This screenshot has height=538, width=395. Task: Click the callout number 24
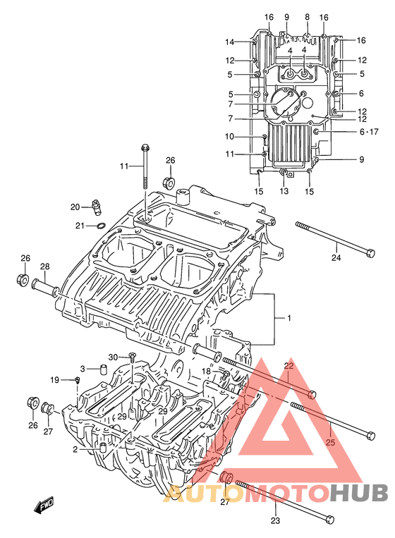pyautogui.click(x=336, y=257)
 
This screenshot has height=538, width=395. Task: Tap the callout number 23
pyautogui.click(x=275, y=520)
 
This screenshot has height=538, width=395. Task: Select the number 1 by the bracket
pyautogui.click(x=289, y=318)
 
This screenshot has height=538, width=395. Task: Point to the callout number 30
pyautogui.click(x=113, y=357)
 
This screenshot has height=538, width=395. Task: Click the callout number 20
pyautogui.click(x=75, y=207)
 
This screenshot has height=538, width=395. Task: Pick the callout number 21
pyautogui.click(x=80, y=226)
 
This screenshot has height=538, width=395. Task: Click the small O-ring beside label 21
pyautogui.click(x=101, y=226)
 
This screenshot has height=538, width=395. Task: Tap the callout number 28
pyautogui.click(x=45, y=267)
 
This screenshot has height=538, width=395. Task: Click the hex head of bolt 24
pyautogui.click(x=370, y=254)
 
